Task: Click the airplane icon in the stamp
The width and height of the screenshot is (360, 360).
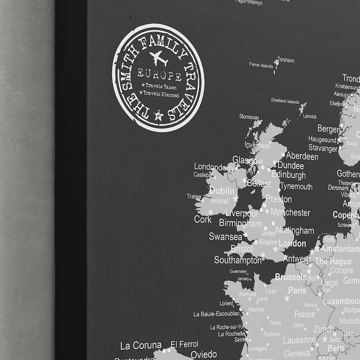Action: click(x=158, y=58)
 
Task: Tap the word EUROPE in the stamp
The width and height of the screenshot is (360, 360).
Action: click(x=160, y=75)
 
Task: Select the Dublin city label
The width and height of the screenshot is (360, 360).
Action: click(x=222, y=191)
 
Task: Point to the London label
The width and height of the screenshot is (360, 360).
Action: click(x=292, y=243)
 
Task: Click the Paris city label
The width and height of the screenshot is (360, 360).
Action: click(x=297, y=290)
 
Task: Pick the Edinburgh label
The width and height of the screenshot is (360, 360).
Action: click(x=288, y=175)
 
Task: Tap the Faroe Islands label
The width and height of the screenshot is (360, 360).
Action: click(x=261, y=65)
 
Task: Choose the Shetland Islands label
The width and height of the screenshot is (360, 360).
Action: click(x=285, y=101)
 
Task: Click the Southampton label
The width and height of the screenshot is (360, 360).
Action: click(x=238, y=260)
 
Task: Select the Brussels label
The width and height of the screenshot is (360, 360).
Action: click(x=291, y=277)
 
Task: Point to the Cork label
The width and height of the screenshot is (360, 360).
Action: click(x=203, y=219)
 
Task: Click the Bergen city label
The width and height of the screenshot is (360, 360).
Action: click(x=329, y=129)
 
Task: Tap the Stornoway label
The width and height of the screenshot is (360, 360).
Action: click(x=249, y=117)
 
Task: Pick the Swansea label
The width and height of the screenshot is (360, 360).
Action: click(x=225, y=236)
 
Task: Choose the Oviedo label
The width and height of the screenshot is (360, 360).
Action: click(x=203, y=354)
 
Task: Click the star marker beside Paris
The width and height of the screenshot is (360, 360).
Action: click(x=287, y=298)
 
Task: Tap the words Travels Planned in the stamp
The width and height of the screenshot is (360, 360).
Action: click(x=160, y=93)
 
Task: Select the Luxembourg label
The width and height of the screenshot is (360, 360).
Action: click(x=341, y=301)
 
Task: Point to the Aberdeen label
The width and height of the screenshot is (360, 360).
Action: click(x=302, y=156)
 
